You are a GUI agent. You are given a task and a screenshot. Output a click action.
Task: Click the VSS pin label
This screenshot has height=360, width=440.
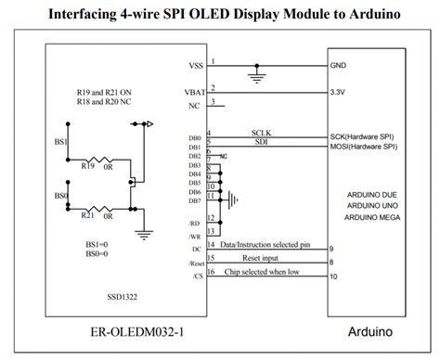(194, 66)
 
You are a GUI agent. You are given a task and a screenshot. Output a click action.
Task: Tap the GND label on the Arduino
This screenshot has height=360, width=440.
(339, 66)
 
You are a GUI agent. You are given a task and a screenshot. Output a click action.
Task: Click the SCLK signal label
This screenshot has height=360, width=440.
(261, 133)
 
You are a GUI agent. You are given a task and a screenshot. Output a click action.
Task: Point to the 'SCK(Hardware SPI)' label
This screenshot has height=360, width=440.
(369, 136)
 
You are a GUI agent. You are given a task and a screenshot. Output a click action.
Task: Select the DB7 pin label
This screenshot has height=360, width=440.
(193, 200)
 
